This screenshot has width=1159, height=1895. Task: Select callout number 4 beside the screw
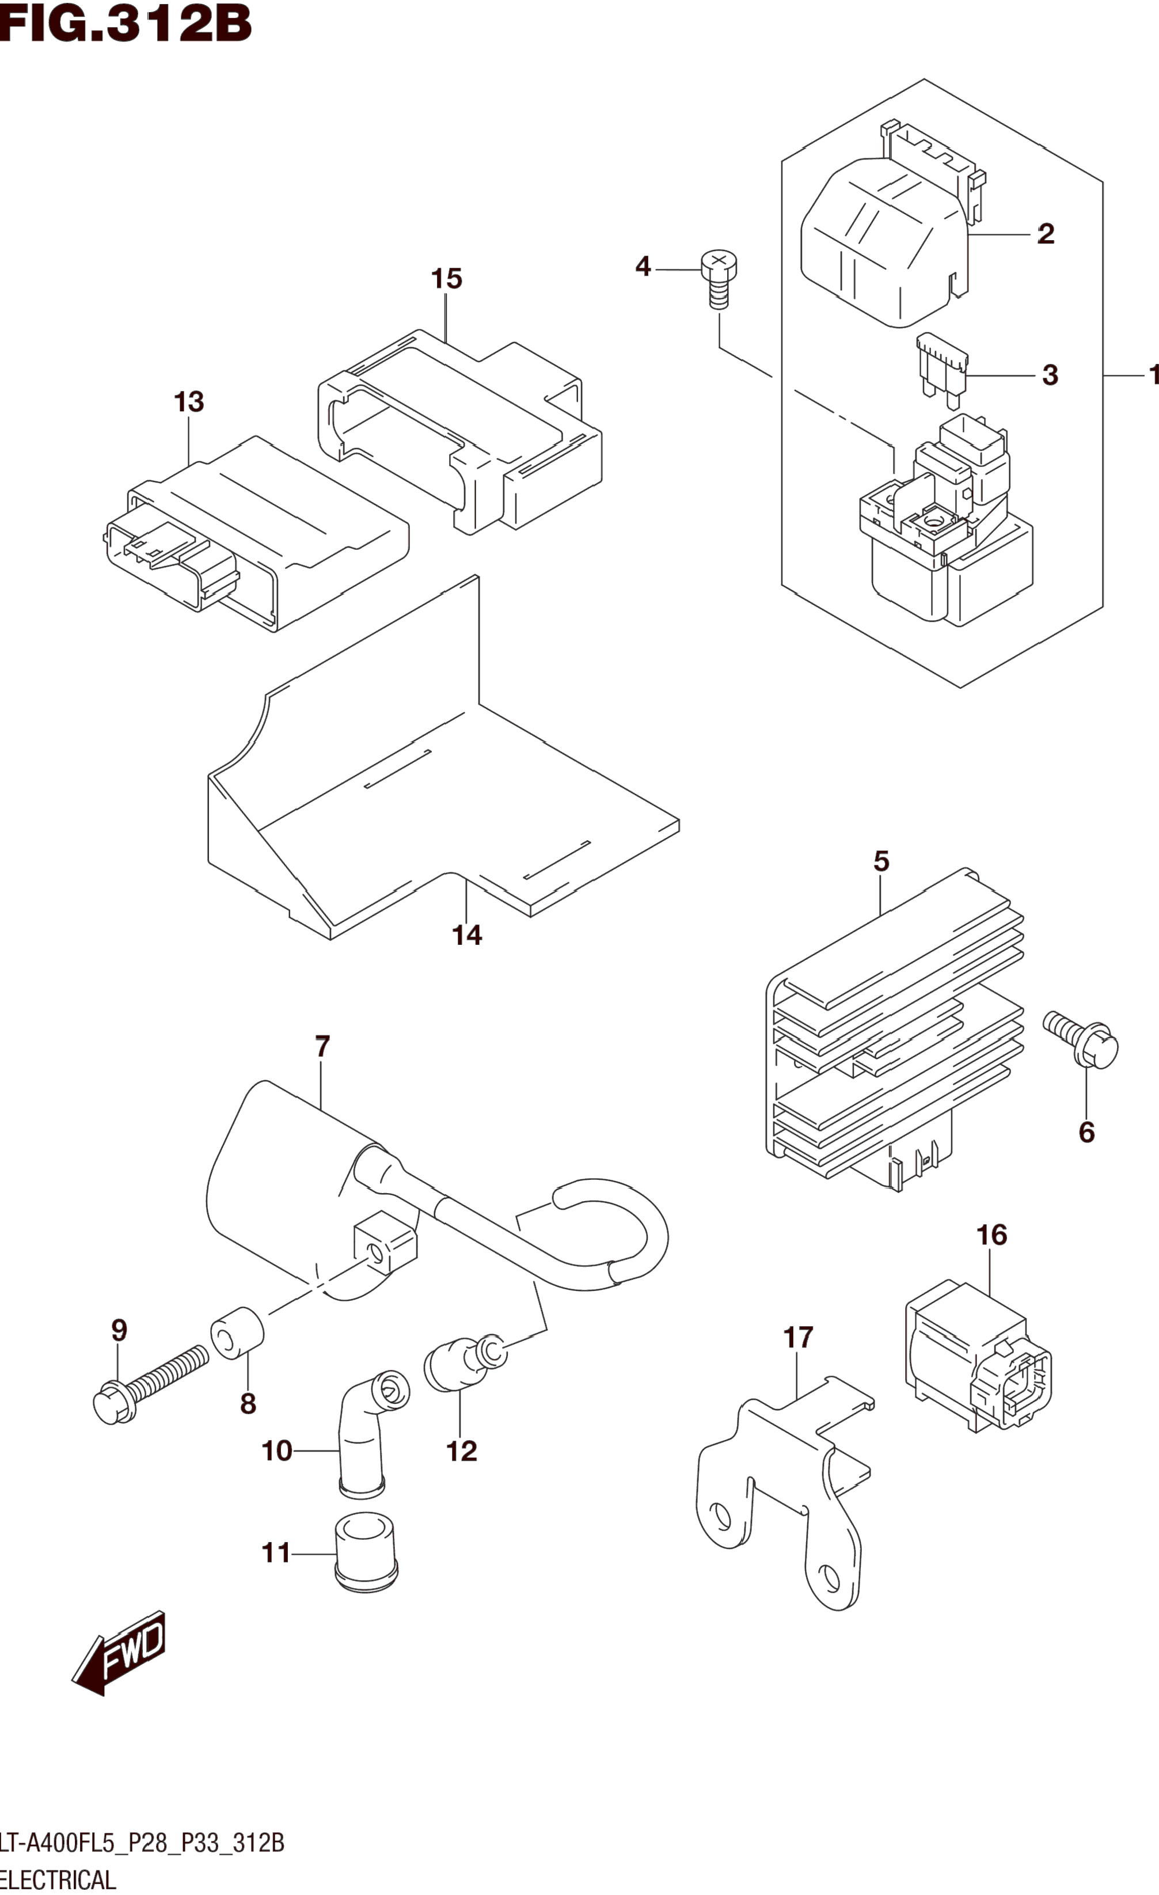[643, 267]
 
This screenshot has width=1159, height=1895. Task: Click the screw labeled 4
[719, 279]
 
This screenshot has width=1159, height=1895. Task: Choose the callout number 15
[446, 278]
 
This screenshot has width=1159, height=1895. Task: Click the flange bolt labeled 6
[1081, 1042]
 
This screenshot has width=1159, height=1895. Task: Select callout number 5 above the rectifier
[881, 861]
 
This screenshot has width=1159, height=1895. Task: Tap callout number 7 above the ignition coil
[322, 1047]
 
